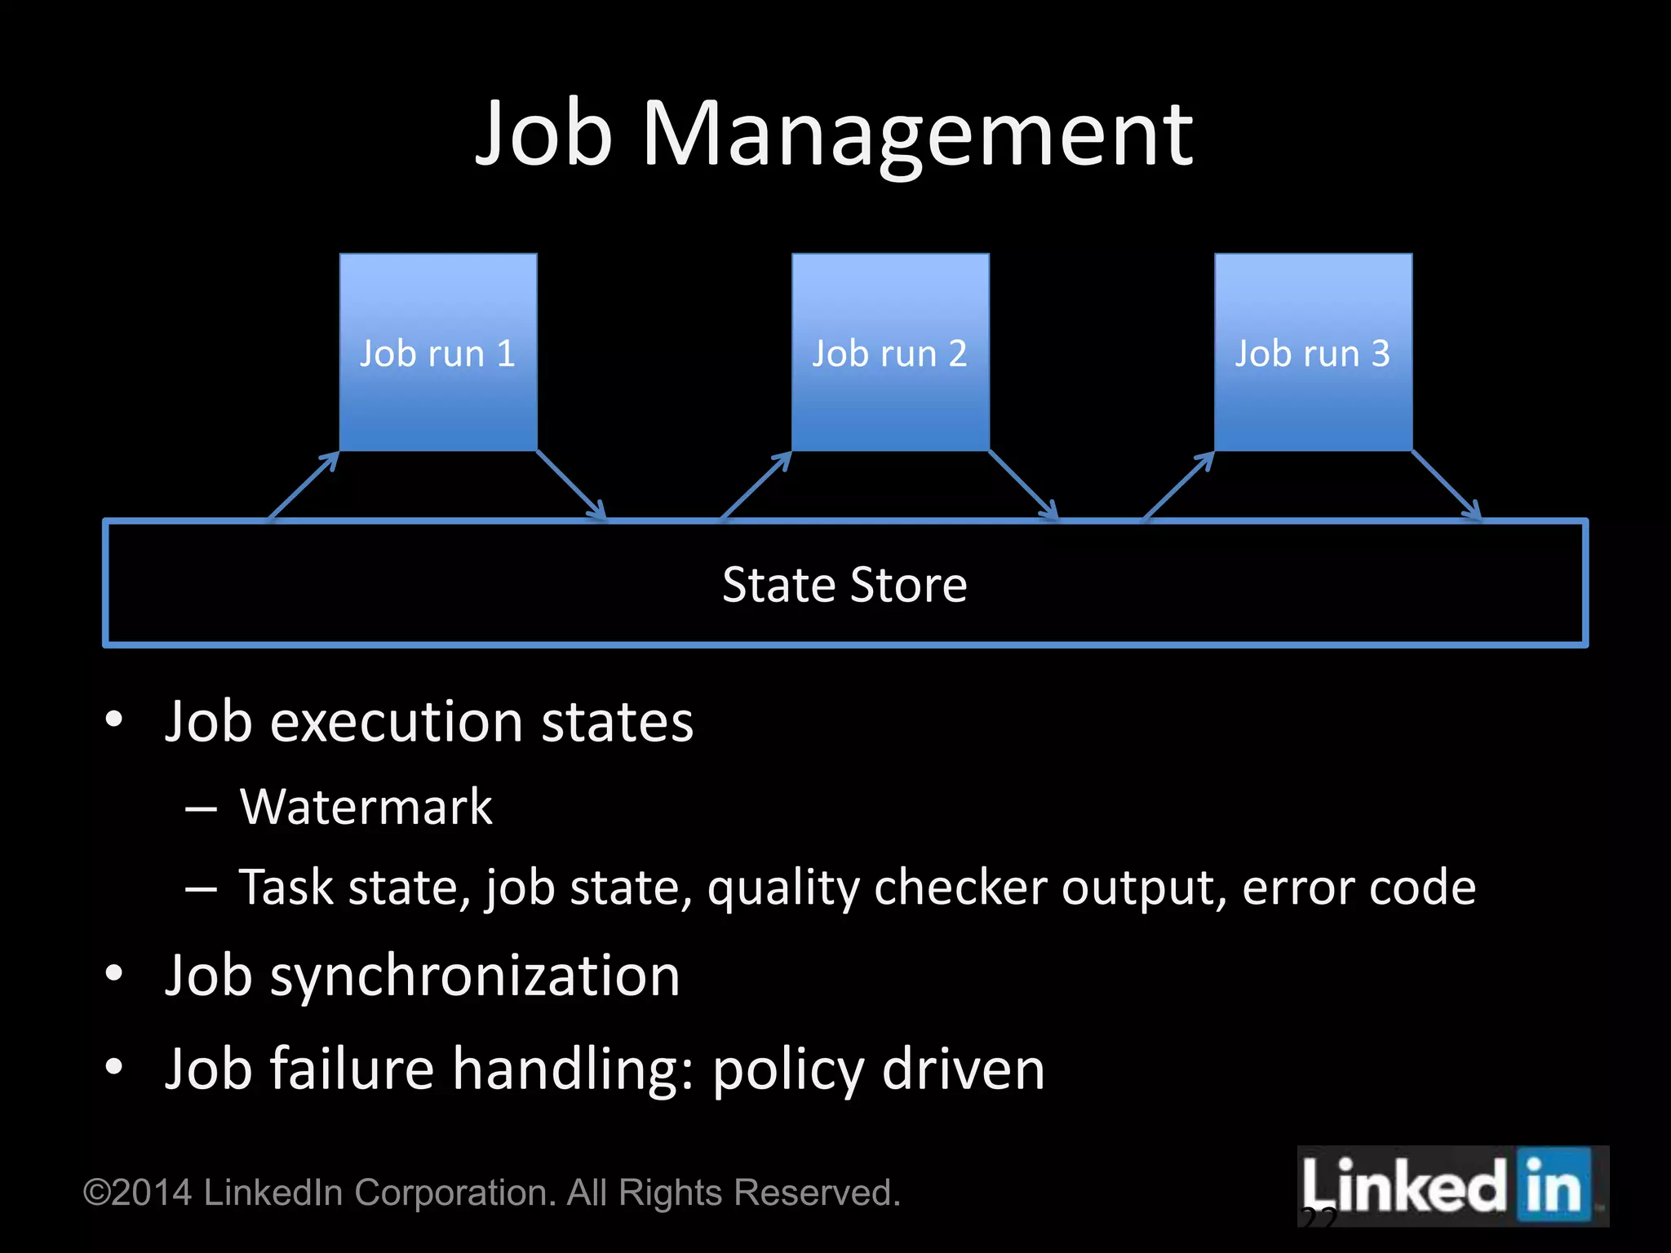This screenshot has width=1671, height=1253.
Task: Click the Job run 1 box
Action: click(x=438, y=352)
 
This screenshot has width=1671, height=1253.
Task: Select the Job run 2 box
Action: click(x=890, y=352)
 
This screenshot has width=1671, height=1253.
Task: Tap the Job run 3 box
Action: click(x=1313, y=352)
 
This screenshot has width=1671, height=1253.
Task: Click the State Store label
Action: click(x=844, y=585)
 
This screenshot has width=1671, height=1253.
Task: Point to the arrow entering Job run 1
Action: click(x=304, y=485)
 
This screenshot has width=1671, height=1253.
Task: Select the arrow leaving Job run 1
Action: click(x=571, y=485)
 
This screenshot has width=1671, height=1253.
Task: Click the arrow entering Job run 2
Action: click(x=756, y=485)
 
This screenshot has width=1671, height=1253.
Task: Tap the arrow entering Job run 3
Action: click(x=1179, y=485)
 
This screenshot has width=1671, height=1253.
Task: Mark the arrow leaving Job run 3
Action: click(x=1447, y=485)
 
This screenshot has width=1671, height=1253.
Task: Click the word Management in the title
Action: click(x=917, y=135)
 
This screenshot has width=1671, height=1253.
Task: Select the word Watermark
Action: click(x=366, y=808)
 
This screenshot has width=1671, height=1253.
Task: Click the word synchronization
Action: click(x=475, y=976)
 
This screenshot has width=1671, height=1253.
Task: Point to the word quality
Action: click(x=783, y=888)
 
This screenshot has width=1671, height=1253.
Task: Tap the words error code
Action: click(x=1359, y=888)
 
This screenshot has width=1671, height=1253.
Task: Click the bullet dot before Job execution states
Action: click(x=114, y=719)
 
